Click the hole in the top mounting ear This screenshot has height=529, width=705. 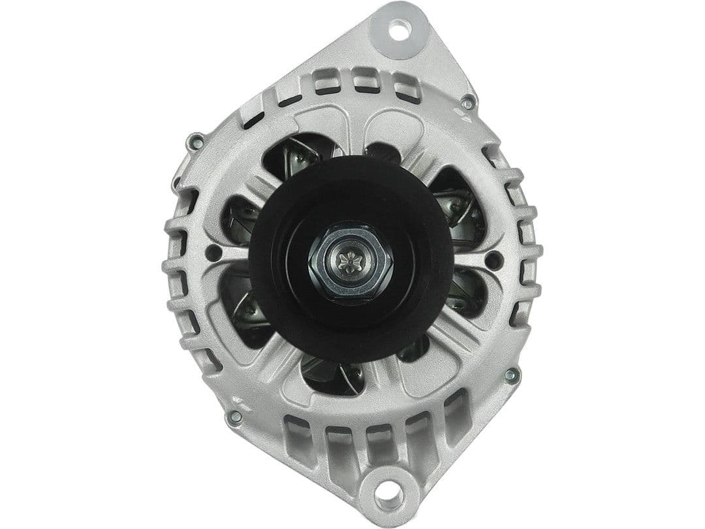point(397,28)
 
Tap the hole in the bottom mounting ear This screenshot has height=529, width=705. point(390,494)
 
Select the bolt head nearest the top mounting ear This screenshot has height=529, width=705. point(467,103)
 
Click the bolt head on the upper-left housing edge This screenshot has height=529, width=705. point(195,140)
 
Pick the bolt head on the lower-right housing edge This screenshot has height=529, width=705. point(512,376)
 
